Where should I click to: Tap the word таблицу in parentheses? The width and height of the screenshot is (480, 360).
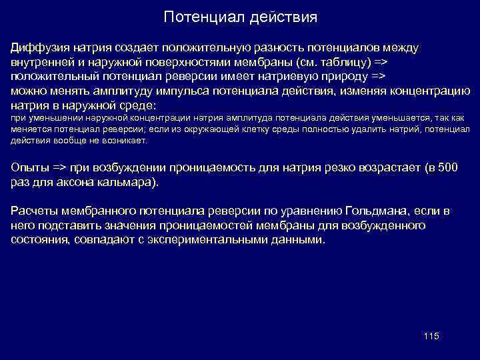[x=354, y=63]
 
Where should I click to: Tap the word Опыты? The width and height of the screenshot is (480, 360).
[x=30, y=168]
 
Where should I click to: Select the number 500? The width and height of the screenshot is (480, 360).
[x=446, y=168]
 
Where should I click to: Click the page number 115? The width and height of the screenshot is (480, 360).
[x=431, y=336]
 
